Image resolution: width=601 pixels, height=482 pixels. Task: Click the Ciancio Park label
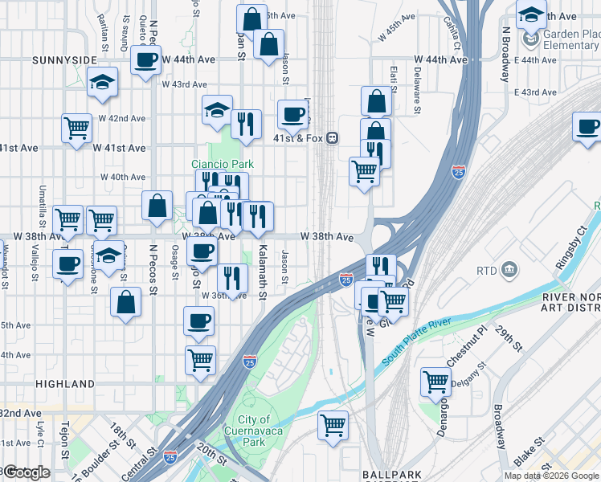223,164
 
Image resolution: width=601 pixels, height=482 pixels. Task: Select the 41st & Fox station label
297,138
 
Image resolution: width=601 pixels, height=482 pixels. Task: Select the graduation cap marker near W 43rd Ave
102,83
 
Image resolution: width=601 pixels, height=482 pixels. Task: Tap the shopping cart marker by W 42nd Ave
76,127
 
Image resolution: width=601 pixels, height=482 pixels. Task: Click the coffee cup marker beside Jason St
293,113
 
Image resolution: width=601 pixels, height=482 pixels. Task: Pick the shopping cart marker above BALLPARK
333,424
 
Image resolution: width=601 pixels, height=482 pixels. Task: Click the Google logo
27,472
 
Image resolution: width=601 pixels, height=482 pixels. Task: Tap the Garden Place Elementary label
570,39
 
